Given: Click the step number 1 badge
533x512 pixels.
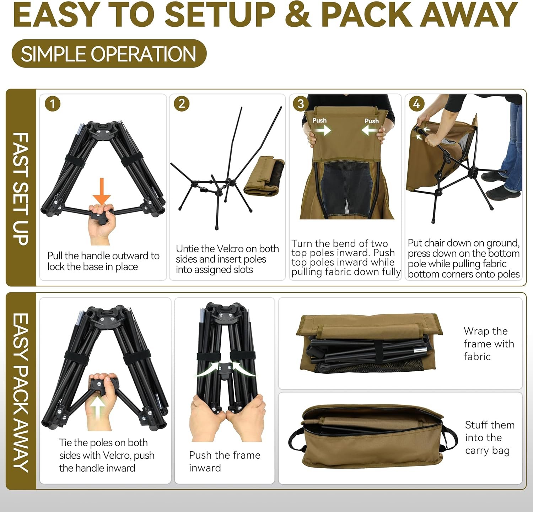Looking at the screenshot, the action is tap(53, 104).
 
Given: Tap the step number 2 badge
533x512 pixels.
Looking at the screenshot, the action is tap(182, 103).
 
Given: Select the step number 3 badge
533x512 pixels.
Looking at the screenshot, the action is tap(301, 103).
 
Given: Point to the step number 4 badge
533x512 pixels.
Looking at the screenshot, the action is tap(416, 103).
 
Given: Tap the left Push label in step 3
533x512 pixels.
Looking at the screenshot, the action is tap(319, 120).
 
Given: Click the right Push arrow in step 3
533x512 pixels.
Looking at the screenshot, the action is tap(370, 130).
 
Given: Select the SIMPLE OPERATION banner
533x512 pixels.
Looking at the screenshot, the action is tap(109, 54).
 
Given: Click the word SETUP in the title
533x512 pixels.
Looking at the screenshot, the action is tap(220, 14).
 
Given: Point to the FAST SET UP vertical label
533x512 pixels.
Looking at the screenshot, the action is tap(21, 189).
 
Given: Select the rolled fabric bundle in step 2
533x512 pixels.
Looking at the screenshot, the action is tap(264, 176).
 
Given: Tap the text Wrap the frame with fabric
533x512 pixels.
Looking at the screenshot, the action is tap(489, 344).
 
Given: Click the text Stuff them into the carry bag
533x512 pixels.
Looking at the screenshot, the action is tap(490, 437).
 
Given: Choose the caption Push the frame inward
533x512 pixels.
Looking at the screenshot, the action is tap(225, 461).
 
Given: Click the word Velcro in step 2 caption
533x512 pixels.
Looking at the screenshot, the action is tap(232, 249).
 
